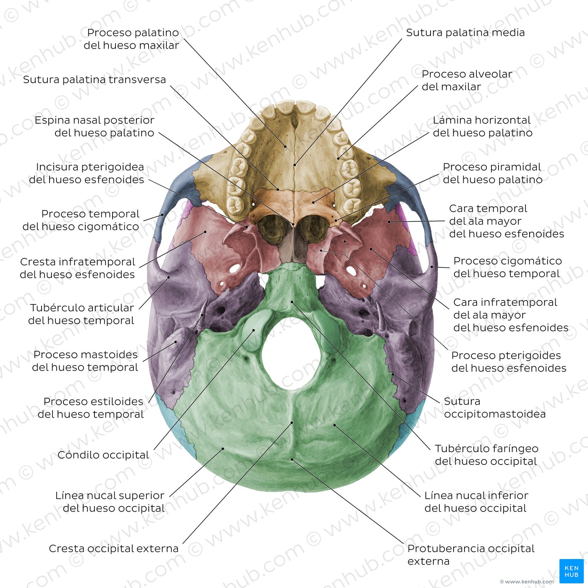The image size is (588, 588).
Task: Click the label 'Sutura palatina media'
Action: tap(465, 33)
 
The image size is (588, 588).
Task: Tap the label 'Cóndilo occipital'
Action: tap(103, 455)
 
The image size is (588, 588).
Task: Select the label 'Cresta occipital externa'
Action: tap(113, 549)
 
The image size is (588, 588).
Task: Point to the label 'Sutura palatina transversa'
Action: tap(94, 80)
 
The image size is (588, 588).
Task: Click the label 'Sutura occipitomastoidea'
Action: tap(495, 407)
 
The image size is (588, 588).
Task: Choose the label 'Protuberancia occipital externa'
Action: tap(471, 555)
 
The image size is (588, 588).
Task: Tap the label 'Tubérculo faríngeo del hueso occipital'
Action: tap(486, 455)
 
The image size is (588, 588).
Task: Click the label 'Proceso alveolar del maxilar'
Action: tap(467, 80)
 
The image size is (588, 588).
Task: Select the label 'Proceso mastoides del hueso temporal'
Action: tap(85, 361)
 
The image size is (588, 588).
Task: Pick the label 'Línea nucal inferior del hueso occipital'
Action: tap(476, 501)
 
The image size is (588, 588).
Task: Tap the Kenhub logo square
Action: tap(571, 571)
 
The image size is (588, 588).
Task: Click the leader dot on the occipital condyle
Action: tap(254, 330)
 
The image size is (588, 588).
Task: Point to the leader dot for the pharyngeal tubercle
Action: tap(292, 302)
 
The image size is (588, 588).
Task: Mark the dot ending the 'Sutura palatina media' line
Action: tap(295, 165)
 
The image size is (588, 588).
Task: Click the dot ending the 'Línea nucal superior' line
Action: tap(223, 449)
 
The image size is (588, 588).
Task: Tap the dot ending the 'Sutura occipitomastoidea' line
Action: tap(393, 374)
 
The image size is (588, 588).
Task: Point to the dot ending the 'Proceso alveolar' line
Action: tap(339, 158)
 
